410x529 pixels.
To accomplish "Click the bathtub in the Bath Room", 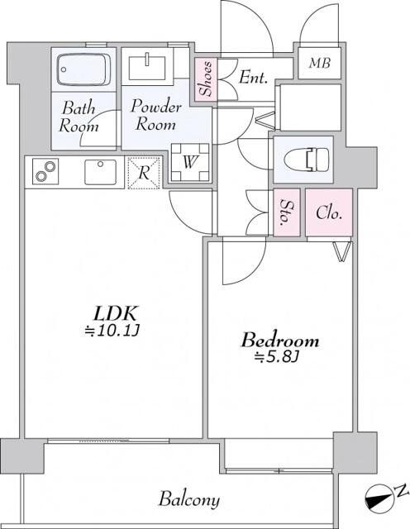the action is coord(83,69).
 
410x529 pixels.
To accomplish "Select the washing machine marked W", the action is coord(190,162).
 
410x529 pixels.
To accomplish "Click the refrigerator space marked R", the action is coord(144,173).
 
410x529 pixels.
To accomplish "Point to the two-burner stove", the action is coord(45,171).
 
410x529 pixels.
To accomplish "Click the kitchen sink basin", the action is coord(101,172).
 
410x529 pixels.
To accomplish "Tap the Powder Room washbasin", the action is coord(147,68).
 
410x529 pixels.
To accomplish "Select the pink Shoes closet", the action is coord(206,79).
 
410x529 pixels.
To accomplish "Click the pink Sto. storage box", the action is coord(287,212).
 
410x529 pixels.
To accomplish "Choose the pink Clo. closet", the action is coord(329,212).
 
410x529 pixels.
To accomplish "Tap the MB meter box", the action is coord(320,63).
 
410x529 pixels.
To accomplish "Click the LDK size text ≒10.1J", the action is coord(112,331).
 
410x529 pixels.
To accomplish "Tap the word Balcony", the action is coord(189,499).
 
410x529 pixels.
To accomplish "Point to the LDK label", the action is coord(116,313).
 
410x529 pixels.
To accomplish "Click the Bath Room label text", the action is coord(79,117).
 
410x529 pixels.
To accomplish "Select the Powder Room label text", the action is coord(156,115).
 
